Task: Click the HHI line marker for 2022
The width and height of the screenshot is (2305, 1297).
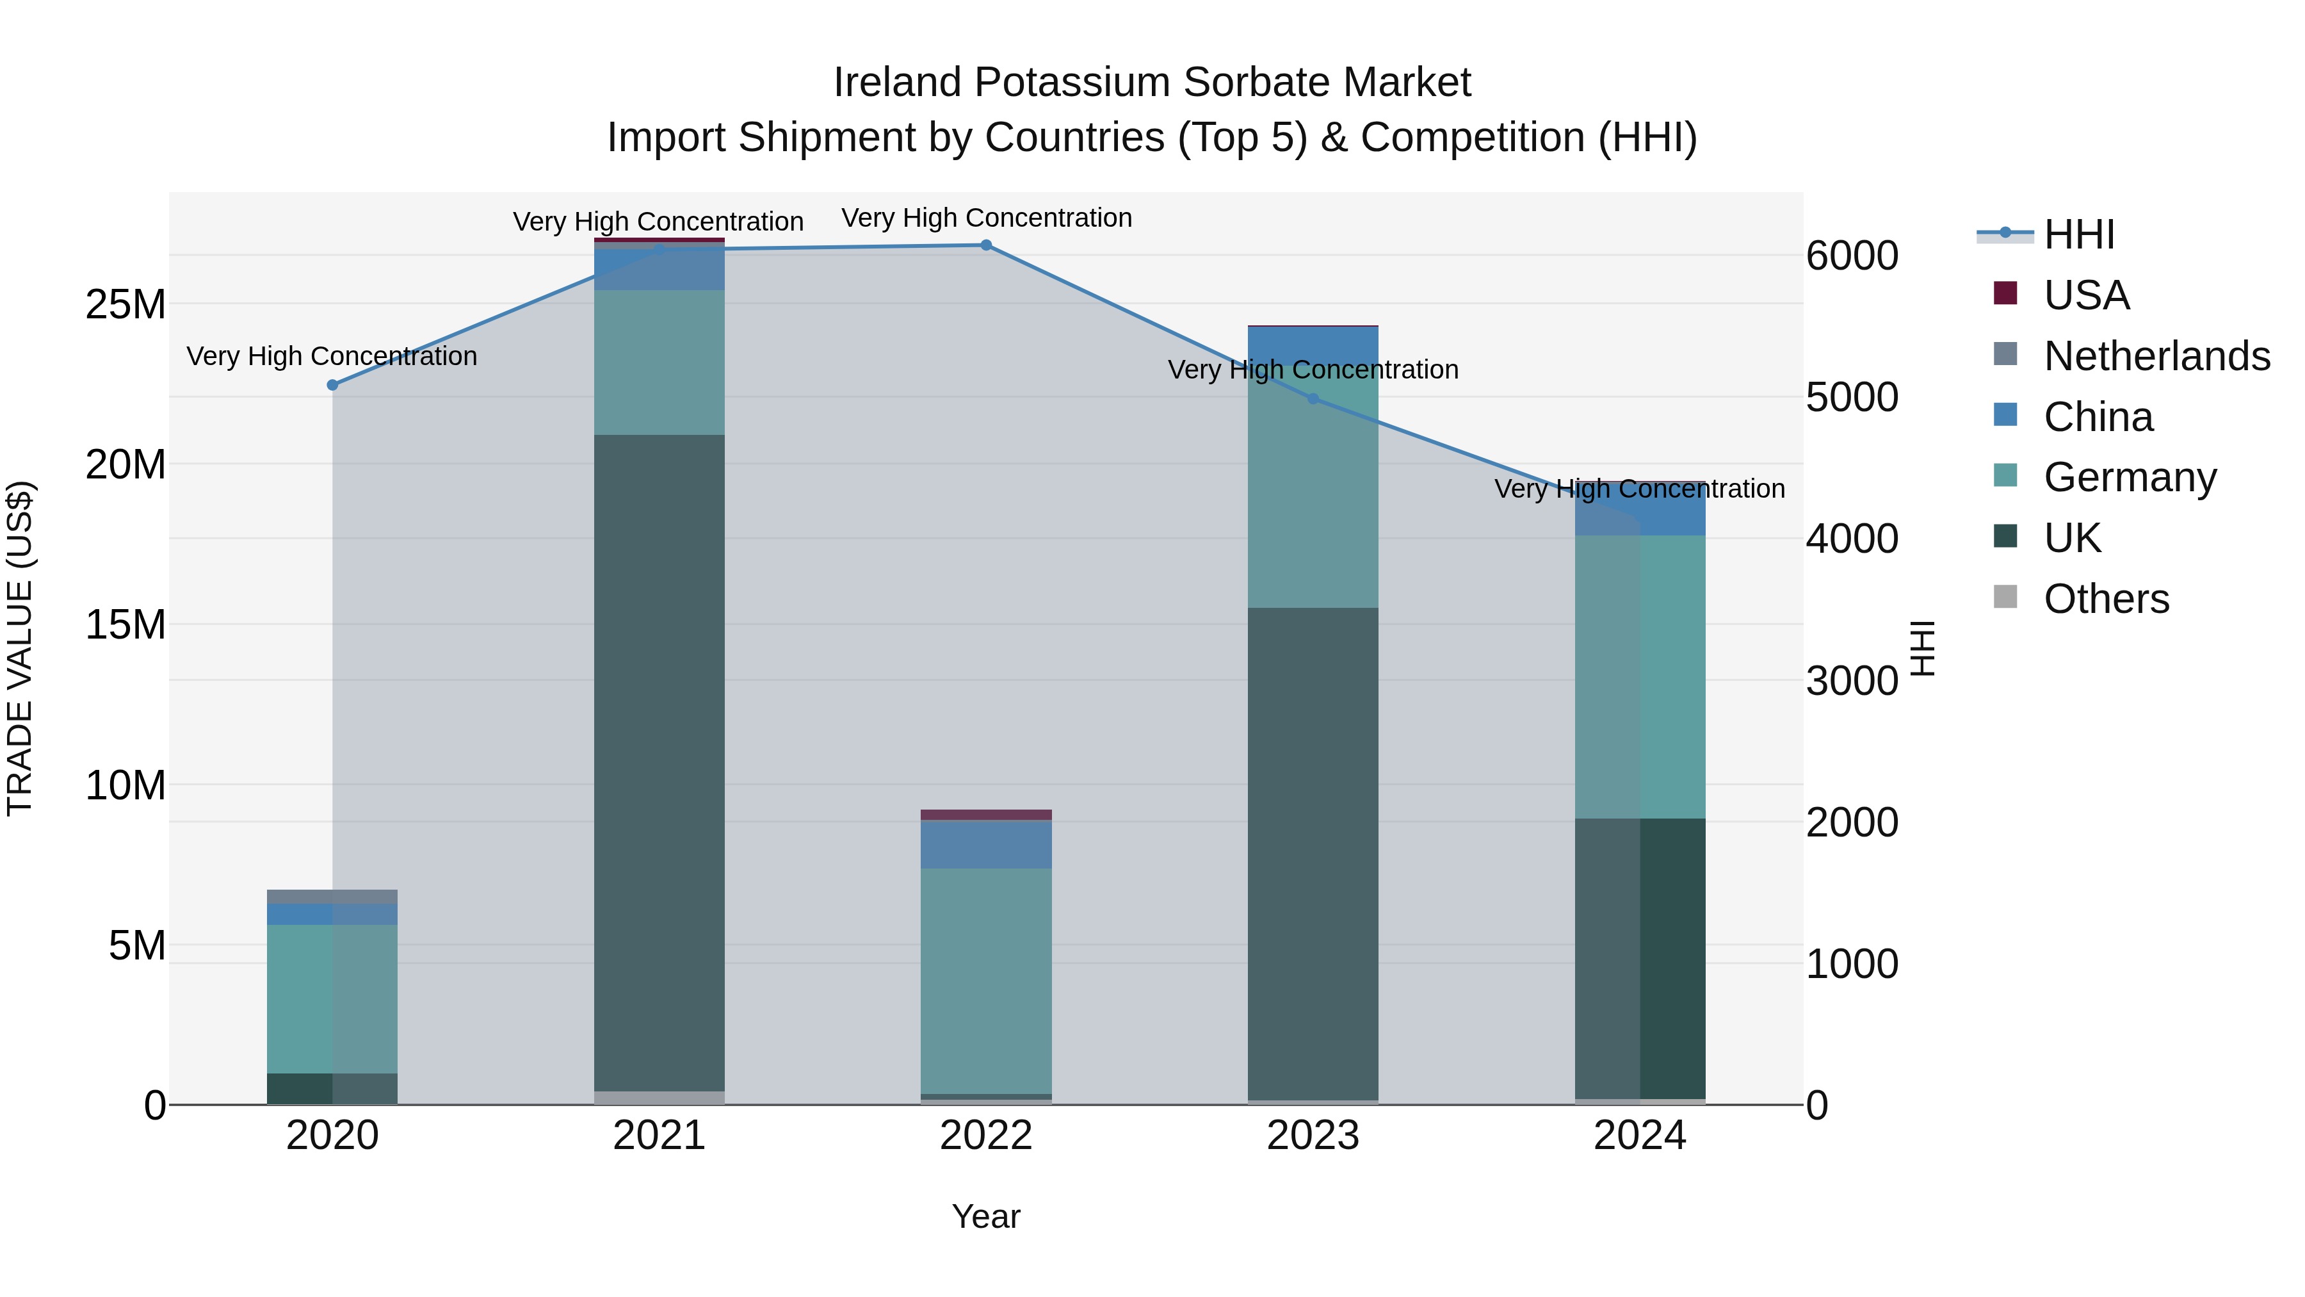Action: tap(986, 245)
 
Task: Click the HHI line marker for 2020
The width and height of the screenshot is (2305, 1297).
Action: tap(332, 385)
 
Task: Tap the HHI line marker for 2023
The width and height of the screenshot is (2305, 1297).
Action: tap(1313, 399)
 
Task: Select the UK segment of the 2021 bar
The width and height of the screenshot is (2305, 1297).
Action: tap(659, 761)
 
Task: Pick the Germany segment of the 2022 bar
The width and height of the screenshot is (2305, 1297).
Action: tap(986, 980)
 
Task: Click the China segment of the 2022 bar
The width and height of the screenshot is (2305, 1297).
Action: tap(986, 845)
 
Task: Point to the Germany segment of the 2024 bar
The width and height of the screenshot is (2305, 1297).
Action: tap(1640, 676)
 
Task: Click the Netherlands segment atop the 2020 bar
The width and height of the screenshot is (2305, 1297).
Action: tap(332, 897)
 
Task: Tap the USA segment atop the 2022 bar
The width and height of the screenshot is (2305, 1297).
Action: tap(986, 815)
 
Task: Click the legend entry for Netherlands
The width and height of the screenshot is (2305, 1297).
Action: tap(2156, 356)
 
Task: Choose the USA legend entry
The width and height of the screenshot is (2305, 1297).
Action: tap(2086, 295)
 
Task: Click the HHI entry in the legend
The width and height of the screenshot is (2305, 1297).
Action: tap(2078, 234)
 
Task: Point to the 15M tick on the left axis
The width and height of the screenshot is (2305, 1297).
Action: tap(125, 624)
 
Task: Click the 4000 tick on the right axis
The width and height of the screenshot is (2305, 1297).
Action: tap(1851, 539)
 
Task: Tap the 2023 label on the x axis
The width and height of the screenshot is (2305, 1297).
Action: tap(1313, 1136)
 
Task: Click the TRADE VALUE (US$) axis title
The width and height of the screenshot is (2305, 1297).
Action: tap(20, 648)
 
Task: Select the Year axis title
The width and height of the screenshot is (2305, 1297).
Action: tap(986, 1216)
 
